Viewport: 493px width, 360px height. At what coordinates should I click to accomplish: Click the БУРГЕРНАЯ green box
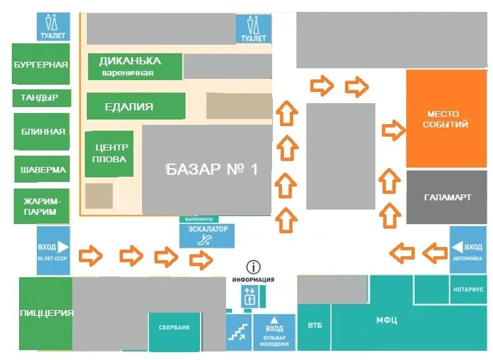41,64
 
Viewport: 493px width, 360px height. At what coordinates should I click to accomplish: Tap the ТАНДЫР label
40,98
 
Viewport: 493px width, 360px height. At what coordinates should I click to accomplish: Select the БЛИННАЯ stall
41,131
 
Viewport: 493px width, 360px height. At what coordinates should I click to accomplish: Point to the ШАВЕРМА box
41,169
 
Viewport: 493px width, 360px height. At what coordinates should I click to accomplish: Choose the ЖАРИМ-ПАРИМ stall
41,206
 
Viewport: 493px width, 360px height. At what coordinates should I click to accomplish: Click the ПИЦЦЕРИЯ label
45,313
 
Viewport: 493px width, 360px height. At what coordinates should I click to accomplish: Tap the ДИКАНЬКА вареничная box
135,66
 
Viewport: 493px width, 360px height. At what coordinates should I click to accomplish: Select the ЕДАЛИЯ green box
135,106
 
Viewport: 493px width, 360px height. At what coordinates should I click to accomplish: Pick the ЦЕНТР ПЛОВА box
109,154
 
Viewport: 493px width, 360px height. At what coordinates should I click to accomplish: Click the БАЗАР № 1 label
212,169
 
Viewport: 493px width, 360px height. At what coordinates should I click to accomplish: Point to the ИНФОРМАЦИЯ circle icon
253,267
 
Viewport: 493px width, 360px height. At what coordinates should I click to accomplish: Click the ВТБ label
314,325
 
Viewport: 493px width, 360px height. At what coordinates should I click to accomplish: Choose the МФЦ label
387,320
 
